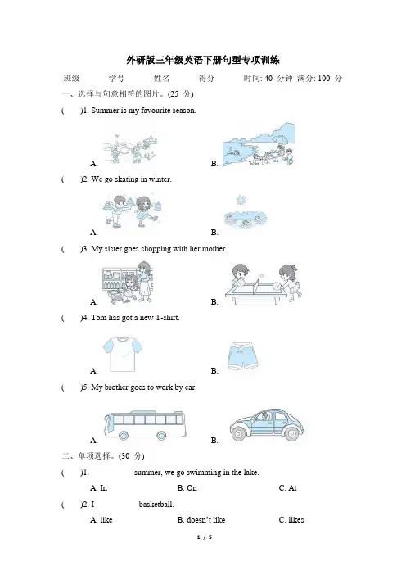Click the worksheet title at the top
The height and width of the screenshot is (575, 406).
point(203,60)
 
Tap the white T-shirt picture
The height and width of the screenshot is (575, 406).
point(123,354)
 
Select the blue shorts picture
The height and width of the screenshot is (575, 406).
point(242,355)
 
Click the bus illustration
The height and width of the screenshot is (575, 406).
point(145,425)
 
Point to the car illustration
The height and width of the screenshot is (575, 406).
point(266,423)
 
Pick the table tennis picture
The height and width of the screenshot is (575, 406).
point(263,283)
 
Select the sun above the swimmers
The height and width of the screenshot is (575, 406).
point(241,200)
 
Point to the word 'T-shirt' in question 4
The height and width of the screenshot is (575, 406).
point(168,318)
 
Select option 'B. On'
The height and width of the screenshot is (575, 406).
point(187,487)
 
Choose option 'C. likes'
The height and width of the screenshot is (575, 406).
point(291,519)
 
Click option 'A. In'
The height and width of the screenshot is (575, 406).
point(98,487)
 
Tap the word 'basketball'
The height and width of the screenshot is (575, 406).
point(156,505)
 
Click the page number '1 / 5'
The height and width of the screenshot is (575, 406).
point(205,537)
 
